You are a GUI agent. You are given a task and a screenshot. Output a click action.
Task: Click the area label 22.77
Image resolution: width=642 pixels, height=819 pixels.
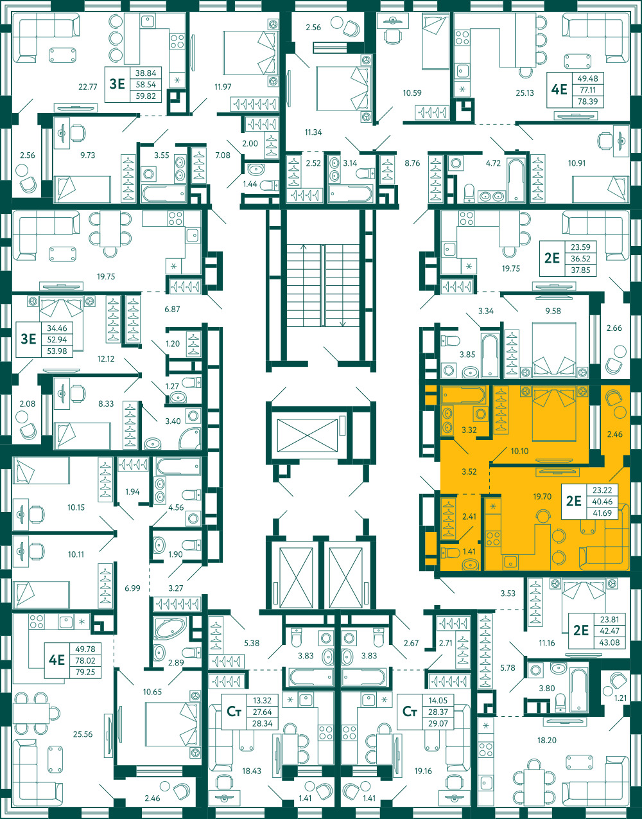(88, 87)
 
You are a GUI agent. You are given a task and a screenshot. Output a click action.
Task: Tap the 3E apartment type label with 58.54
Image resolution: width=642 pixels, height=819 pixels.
(117, 84)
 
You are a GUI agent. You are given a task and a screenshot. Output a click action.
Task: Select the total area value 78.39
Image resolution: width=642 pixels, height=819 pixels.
(587, 101)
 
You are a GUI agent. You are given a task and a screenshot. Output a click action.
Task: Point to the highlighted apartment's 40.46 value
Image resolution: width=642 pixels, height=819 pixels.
(602, 502)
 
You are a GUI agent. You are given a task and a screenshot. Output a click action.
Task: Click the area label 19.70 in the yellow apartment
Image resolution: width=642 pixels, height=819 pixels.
(542, 497)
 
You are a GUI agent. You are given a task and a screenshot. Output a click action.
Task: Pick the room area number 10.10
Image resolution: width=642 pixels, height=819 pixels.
(519, 451)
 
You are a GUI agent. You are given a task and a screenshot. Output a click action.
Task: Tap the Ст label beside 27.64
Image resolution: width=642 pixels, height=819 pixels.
(234, 712)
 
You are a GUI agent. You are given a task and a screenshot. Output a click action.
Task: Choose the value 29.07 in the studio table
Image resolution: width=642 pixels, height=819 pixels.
(438, 723)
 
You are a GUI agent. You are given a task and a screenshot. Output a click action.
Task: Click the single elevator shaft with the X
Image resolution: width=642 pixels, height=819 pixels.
(308, 436)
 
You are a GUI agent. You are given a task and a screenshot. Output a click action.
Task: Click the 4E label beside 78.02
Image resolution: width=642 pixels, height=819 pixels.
(57, 660)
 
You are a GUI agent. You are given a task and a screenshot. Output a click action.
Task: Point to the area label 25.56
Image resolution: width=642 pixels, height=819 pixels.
(83, 734)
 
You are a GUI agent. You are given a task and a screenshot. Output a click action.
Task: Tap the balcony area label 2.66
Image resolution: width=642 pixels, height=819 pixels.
(614, 328)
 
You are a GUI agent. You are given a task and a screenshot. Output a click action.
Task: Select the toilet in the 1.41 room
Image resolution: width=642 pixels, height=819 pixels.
(450, 553)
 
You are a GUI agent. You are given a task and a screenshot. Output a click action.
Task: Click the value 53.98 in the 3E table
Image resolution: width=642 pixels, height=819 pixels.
(57, 351)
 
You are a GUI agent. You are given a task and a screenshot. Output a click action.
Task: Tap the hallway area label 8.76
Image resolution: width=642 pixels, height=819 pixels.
(412, 163)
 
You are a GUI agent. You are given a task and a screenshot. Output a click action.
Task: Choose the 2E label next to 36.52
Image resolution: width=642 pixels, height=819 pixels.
(552, 258)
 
